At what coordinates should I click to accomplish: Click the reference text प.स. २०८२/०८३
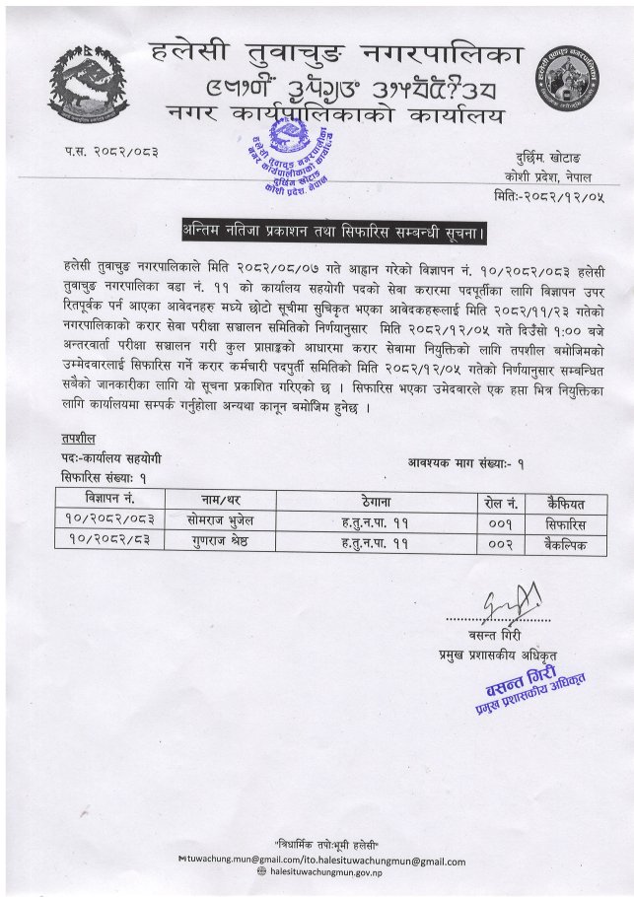[x=111, y=151]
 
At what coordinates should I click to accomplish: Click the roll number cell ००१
[x=502, y=519]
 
